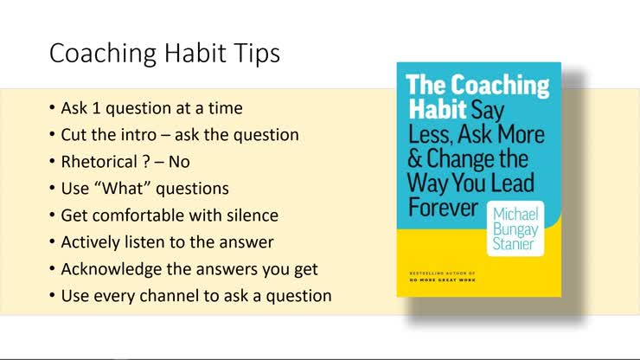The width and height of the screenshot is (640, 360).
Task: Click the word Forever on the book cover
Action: coord(442,208)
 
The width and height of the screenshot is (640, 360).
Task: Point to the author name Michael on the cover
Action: coord(515,213)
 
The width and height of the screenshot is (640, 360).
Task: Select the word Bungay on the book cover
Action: coord(516,228)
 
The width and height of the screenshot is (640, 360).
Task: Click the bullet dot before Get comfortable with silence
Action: coord(54,215)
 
